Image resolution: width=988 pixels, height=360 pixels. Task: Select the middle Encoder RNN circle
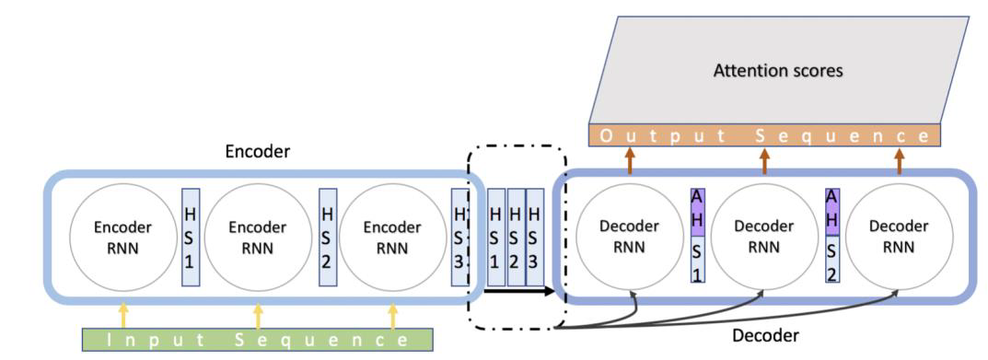click(x=257, y=237)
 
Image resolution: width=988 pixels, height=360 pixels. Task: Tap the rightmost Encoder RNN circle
click(x=392, y=237)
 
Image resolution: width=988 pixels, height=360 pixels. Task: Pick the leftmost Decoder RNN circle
click(x=629, y=237)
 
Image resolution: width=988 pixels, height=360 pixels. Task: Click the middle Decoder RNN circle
click(x=765, y=237)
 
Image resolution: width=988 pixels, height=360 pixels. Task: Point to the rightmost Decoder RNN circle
click(x=899, y=237)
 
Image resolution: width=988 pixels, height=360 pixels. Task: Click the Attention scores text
click(x=777, y=71)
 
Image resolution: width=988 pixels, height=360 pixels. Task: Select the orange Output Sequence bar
click(x=764, y=136)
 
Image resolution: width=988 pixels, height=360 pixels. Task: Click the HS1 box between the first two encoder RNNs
click(x=190, y=237)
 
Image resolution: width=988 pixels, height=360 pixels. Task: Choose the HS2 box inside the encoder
click(x=325, y=237)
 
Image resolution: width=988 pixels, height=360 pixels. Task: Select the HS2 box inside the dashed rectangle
click(x=516, y=237)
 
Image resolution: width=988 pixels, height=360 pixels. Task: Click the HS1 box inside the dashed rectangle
click(x=495, y=237)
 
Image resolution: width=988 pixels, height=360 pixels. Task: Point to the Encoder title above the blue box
click(x=258, y=153)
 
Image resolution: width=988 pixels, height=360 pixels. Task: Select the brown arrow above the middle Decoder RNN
click(x=764, y=162)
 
